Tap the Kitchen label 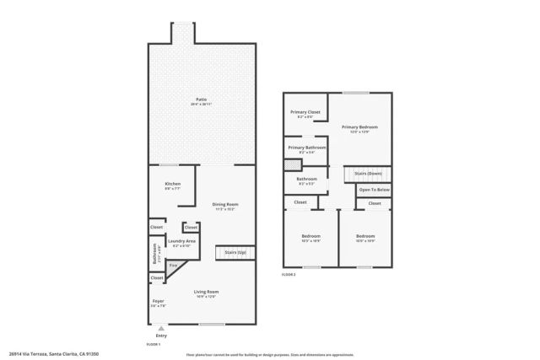pos(173,185)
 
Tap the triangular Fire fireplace pos(175,266)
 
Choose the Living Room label pos(206,293)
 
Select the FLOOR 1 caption pos(154,345)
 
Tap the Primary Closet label pos(305,114)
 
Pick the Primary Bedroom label pos(359,128)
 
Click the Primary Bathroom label pos(306,149)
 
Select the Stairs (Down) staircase pos(369,174)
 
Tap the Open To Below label pos(373,190)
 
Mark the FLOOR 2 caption pos(289,275)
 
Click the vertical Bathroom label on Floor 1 pos(155,254)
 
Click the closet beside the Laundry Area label pos(191,228)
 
